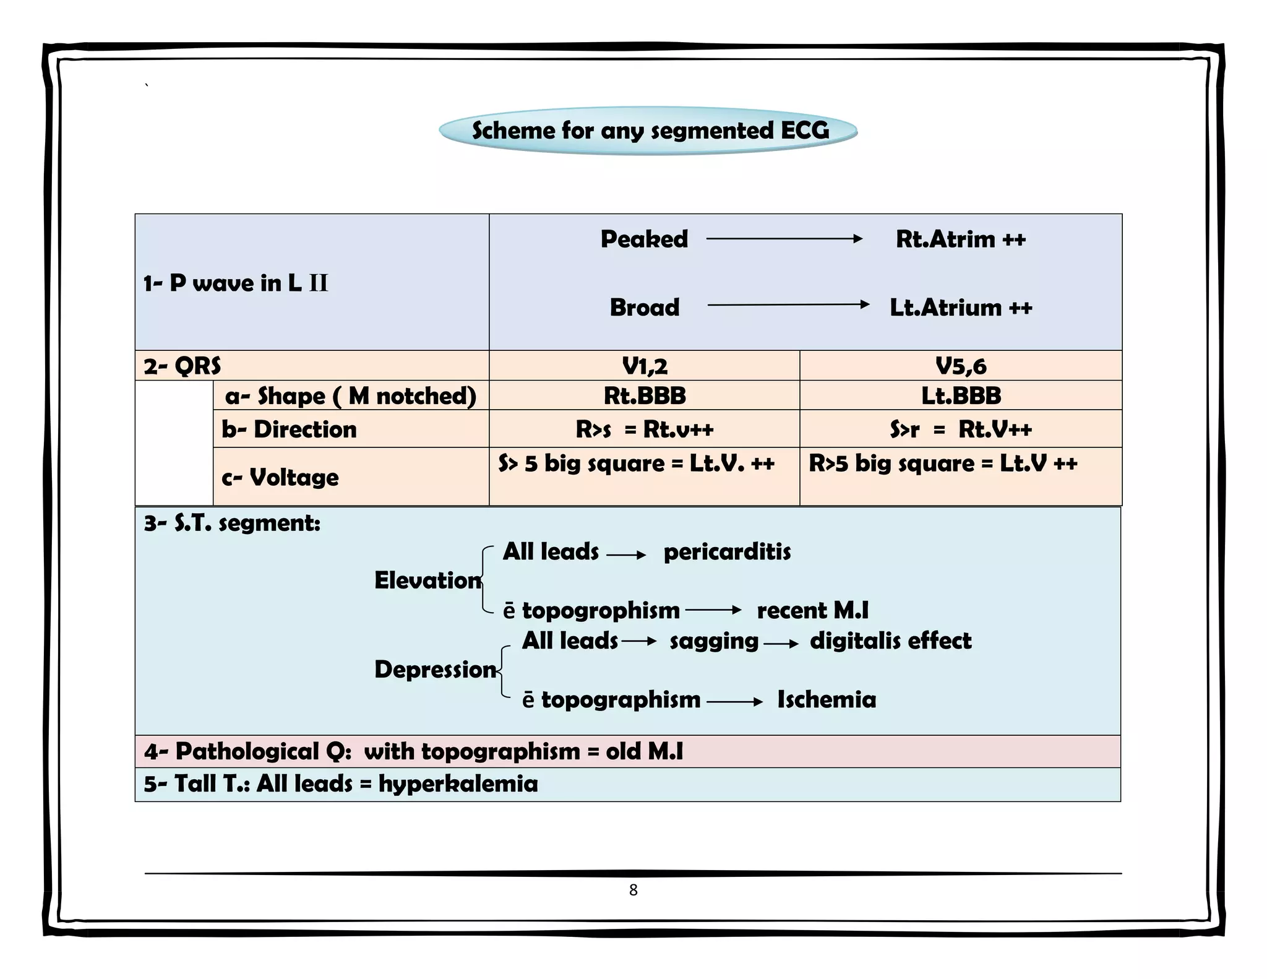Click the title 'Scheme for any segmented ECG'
click(x=650, y=131)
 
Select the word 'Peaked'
click(x=644, y=239)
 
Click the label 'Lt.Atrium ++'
click(x=961, y=307)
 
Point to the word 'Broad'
click(x=644, y=307)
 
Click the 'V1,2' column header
click(x=644, y=366)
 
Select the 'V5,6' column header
click(x=960, y=366)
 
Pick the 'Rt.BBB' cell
click(x=644, y=395)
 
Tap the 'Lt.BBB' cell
click(x=960, y=395)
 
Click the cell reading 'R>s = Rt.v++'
click(x=644, y=429)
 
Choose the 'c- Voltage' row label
click(x=280, y=477)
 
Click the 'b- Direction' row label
click(x=289, y=429)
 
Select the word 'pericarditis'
click(x=727, y=551)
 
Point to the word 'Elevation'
click(x=427, y=580)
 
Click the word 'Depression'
click(x=435, y=669)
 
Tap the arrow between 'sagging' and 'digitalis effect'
click(x=781, y=644)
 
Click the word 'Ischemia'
click(x=827, y=699)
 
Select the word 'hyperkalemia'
click(x=458, y=783)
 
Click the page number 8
click(x=633, y=890)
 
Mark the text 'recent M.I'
click(x=812, y=610)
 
